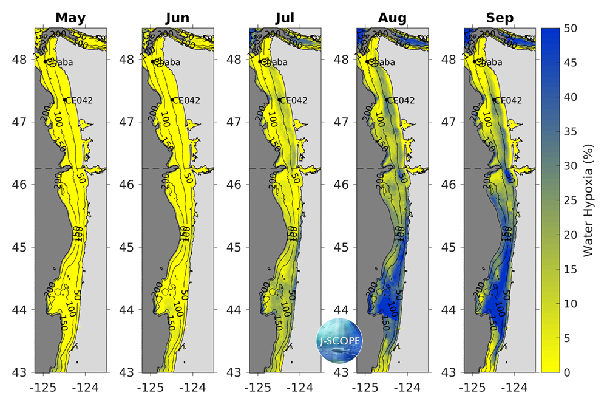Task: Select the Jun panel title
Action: (178, 18)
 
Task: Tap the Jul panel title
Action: (284, 18)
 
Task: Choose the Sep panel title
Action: (499, 18)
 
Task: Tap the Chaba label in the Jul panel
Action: (276, 61)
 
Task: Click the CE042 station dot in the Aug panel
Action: (387, 100)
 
